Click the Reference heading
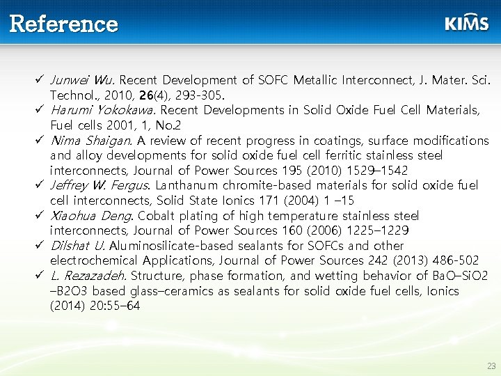pyautogui.click(x=64, y=24)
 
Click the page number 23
pyautogui.click(x=491, y=366)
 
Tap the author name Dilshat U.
pyautogui.click(x=77, y=245)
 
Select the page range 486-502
pyautogui.click(x=458, y=260)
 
